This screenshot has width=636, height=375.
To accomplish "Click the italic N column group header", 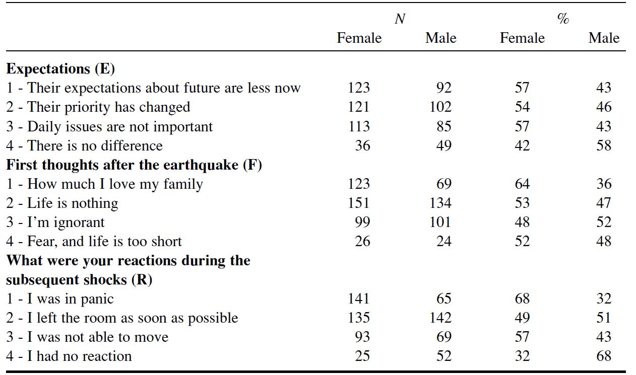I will point(400,19).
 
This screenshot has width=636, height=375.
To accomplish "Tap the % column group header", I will point(563,19).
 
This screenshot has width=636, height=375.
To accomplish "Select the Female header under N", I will point(359,38).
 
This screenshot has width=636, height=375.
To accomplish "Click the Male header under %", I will point(603,38).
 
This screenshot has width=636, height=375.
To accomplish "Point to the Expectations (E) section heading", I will point(61,68).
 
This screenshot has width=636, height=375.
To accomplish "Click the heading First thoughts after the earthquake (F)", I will point(134,165).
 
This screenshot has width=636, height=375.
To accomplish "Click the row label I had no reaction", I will point(69,356).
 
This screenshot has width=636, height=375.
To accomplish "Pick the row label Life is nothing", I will point(62,203).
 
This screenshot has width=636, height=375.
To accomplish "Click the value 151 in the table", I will point(358,203).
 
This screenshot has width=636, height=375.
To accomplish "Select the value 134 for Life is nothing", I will point(441,203).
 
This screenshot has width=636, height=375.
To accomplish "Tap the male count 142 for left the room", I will point(441,318).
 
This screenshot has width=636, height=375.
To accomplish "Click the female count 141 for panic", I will point(358,299).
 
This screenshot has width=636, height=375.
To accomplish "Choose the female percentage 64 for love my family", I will point(522,184).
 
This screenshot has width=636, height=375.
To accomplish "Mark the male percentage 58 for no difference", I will point(603,146).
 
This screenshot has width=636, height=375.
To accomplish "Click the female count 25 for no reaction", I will point(362,356).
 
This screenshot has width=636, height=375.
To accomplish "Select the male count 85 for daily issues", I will point(444,126).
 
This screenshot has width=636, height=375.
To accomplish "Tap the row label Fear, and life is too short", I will point(94,242).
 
